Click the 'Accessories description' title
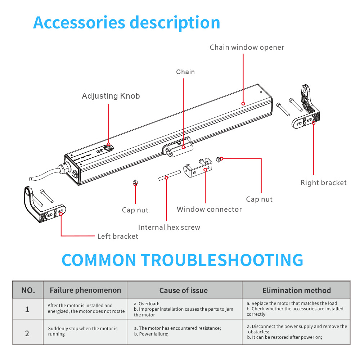coord(126,22)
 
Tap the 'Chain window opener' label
coord(247,48)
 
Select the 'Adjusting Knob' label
coord(111,96)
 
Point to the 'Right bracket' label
coord(323,183)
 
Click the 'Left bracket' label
coord(118,237)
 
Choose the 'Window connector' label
coord(209,210)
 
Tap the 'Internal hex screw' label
coord(169,228)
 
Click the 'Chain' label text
coord(185,72)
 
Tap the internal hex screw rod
coord(169,176)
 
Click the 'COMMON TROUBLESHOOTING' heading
coord(182,260)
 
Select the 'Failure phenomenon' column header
coord(85,291)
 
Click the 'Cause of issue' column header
coord(184,291)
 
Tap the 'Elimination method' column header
coord(296,291)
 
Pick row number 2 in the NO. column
coord(27,333)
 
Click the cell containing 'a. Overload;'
coord(184,309)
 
